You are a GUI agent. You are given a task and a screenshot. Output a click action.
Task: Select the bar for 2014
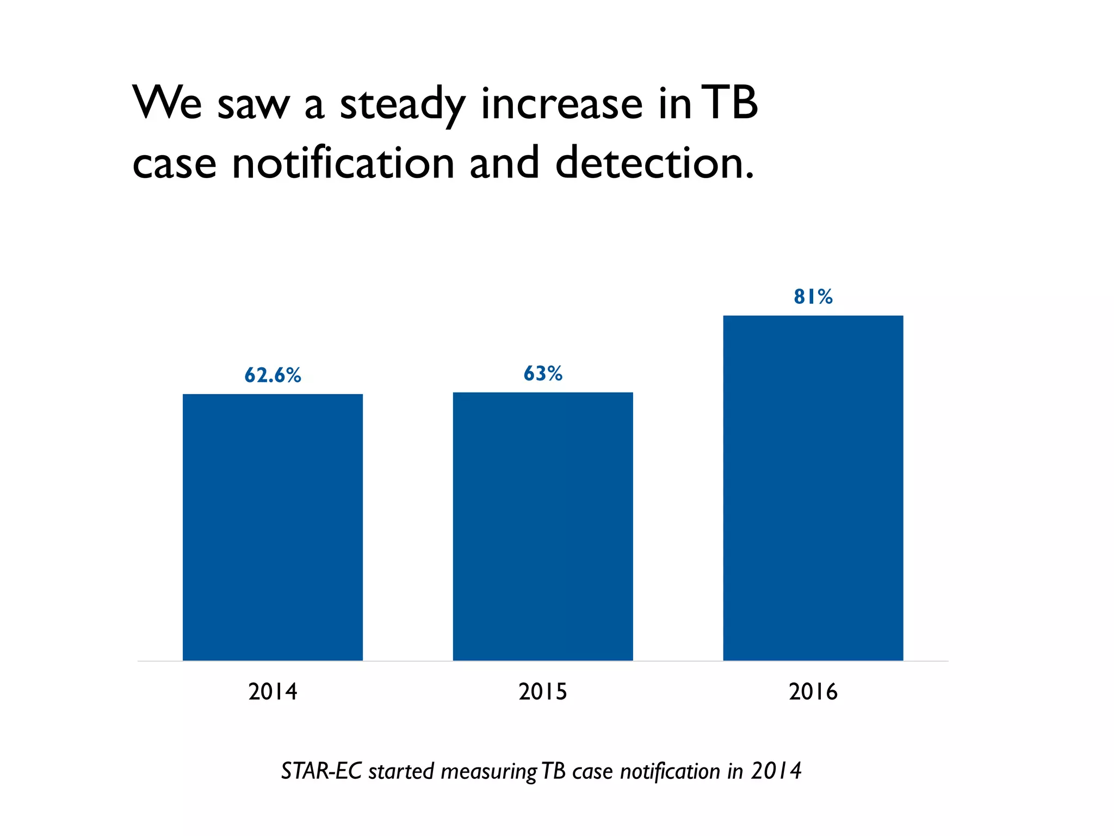tap(273, 527)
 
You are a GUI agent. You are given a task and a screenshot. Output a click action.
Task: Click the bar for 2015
tap(543, 526)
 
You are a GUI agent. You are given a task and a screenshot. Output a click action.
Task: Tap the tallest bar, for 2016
tap(813, 488)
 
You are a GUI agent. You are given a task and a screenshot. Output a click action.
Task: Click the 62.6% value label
tap(273, 376)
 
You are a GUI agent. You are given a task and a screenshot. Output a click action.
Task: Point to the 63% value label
tap(543, 373)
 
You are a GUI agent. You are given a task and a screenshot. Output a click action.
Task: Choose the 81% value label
tap(813, 297)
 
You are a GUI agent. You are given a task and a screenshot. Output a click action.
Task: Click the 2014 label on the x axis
tap(273, 692)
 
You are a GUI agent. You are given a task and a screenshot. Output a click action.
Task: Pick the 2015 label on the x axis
tap(543, 692)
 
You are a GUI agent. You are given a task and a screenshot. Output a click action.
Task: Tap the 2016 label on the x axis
tap(813, 692)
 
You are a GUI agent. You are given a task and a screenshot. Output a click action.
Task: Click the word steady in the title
tap(403, 104)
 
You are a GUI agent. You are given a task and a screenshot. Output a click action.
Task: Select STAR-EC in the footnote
tap(321, 771)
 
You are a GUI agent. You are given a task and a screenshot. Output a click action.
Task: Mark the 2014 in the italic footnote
tap(776, 771)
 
